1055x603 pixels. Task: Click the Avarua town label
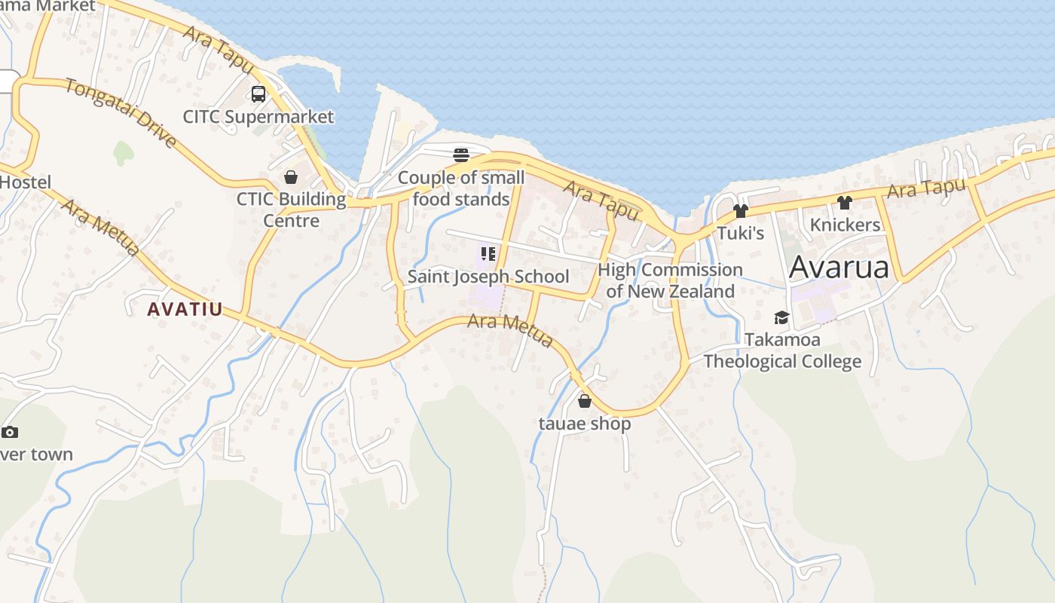coord(839,268)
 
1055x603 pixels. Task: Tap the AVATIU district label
coord(185,309)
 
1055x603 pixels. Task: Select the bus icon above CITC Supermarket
coord(258,94)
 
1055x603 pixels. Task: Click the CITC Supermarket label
coord(258,117)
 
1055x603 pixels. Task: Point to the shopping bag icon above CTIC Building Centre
coord(291,177)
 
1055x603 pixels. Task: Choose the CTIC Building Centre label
coord(291,210)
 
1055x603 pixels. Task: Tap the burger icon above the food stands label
coord(461,155)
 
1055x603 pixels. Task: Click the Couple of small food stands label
coord(461,188)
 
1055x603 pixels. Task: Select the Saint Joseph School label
coord(488,277)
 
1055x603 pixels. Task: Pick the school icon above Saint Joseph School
coord(488,254)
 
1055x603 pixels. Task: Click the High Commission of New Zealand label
coord(670,280)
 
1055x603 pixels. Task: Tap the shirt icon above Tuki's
coord(741,211)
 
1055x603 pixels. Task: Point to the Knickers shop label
coord(845,225)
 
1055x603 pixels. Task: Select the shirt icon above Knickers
coord(844,203)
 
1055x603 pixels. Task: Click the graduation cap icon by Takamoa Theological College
coord(781,317)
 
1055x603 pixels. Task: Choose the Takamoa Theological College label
coord(782,350)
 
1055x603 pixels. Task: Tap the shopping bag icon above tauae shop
coord(585,401)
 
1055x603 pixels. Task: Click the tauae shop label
coord(585,424)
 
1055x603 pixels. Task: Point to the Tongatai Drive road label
coord(121,113)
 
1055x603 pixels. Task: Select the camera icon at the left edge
coord(10,432)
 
